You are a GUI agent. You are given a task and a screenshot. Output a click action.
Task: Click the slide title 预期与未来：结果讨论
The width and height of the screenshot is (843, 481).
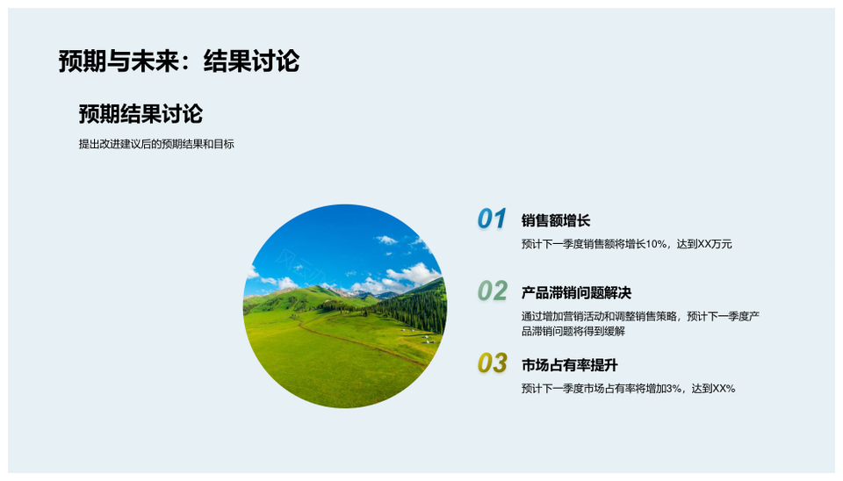click(x=179, y=61)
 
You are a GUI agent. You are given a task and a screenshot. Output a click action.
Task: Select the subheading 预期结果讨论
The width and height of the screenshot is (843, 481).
click(x=140, y=114)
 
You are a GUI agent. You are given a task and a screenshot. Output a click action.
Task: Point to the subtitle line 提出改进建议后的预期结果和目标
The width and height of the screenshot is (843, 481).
click(x=156, y=144)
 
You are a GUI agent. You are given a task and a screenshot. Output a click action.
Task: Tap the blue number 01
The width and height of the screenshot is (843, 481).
click(x=492, y=219)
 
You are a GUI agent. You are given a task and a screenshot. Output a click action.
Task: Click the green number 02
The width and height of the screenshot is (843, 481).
click(x=492, y=291)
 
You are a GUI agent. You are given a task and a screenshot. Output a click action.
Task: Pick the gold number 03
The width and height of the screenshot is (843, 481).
click(x=492, y=363)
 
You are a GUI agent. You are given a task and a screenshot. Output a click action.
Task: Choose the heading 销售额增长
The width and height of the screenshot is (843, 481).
click(x=556, y=220)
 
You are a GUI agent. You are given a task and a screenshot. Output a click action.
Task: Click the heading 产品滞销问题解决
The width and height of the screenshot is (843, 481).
click(x=576, y=293)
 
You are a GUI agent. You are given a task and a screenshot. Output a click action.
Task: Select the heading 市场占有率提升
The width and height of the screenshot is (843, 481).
click(x=570, y=365)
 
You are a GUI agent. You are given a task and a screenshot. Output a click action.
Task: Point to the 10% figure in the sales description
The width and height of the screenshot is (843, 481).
click(x=656, y=244)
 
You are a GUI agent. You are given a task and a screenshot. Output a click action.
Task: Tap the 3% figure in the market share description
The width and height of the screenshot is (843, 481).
click(x=674, y=389)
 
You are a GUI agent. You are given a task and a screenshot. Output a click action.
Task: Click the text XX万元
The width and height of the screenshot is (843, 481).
click(x=715, y=244)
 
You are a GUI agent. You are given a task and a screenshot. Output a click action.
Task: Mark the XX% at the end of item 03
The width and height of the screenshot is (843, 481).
click(x=724, y=389)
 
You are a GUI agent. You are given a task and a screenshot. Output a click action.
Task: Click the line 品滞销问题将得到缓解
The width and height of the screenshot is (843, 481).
click(x=573, y=331)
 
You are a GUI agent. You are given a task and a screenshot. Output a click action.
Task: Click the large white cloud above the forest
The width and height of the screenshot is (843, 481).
click(x=413, y=273)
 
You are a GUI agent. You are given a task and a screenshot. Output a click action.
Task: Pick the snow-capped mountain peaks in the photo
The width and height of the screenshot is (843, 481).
click(x=359, y=293)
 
